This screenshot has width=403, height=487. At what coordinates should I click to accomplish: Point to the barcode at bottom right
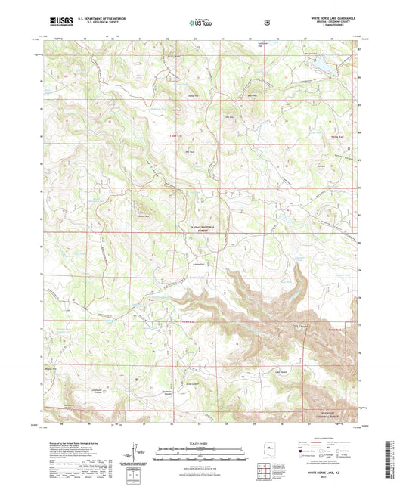click(392, 458)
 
